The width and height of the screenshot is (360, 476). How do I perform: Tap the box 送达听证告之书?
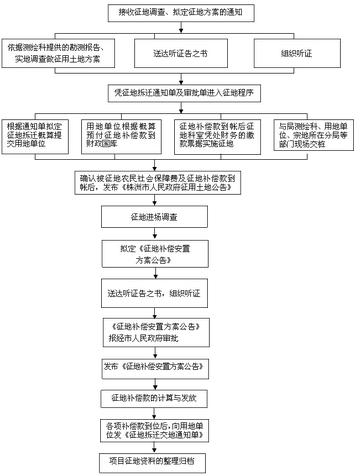coord(180,49)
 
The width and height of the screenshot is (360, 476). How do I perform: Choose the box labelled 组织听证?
coord(296,49)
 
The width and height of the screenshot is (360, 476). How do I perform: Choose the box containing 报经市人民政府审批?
coord(180,332)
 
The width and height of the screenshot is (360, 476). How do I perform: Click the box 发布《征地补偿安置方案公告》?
coord(180,366)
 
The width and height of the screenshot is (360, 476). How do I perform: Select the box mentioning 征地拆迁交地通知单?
coord(180,431)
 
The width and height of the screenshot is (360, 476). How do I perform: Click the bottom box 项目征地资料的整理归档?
coord(180,464)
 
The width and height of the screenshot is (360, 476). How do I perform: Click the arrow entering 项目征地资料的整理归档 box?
coord(180,450)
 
